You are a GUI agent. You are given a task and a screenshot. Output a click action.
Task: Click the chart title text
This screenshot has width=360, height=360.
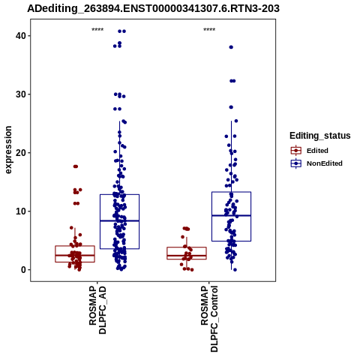tap(153, 9)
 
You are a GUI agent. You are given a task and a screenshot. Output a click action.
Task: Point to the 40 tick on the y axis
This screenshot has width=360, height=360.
tap(21, 36)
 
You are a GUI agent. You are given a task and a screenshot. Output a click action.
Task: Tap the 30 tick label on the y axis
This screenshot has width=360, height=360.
tap(21, 94)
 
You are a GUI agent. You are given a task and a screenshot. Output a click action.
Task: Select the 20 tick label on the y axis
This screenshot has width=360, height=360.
tap(21, 153)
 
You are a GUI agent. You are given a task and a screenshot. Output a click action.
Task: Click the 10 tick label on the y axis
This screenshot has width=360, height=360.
tap(21, 211)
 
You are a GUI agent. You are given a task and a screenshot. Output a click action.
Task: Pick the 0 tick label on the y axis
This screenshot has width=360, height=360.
tap(23, 270)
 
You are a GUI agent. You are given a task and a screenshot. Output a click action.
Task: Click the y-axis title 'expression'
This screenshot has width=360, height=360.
tap(8, 150)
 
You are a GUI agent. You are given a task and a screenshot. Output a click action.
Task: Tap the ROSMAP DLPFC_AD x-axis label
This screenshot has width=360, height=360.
tap(97, 310)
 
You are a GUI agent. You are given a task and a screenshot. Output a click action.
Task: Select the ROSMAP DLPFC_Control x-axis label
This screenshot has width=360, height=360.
tap(209, 319)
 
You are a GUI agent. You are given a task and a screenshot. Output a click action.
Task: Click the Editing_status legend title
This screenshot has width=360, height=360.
tap(320, 136)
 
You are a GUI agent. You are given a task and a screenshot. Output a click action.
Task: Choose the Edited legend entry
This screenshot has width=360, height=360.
tap(309, 151)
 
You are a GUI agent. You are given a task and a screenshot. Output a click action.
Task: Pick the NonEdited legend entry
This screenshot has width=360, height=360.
tap(316, 163)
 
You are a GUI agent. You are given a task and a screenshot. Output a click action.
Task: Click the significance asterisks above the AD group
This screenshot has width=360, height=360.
tap(97, 30)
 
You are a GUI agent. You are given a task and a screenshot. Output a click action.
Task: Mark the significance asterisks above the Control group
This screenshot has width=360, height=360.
tap(209, 30)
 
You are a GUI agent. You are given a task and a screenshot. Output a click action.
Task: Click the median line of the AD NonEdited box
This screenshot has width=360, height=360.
tap(119, 220)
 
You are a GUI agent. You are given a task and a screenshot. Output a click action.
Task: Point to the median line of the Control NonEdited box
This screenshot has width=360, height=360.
tap(231, 215)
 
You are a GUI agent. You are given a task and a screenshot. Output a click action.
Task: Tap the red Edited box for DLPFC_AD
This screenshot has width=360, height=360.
tap(75, 246)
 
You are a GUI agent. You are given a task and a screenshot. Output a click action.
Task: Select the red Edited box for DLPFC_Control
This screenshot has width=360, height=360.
tap(187, 247)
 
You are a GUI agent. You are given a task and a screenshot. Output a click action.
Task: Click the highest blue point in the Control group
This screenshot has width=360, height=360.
tap(231, 47)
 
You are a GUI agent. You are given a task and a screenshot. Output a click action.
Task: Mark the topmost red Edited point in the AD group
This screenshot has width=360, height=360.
tap(76, 166)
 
